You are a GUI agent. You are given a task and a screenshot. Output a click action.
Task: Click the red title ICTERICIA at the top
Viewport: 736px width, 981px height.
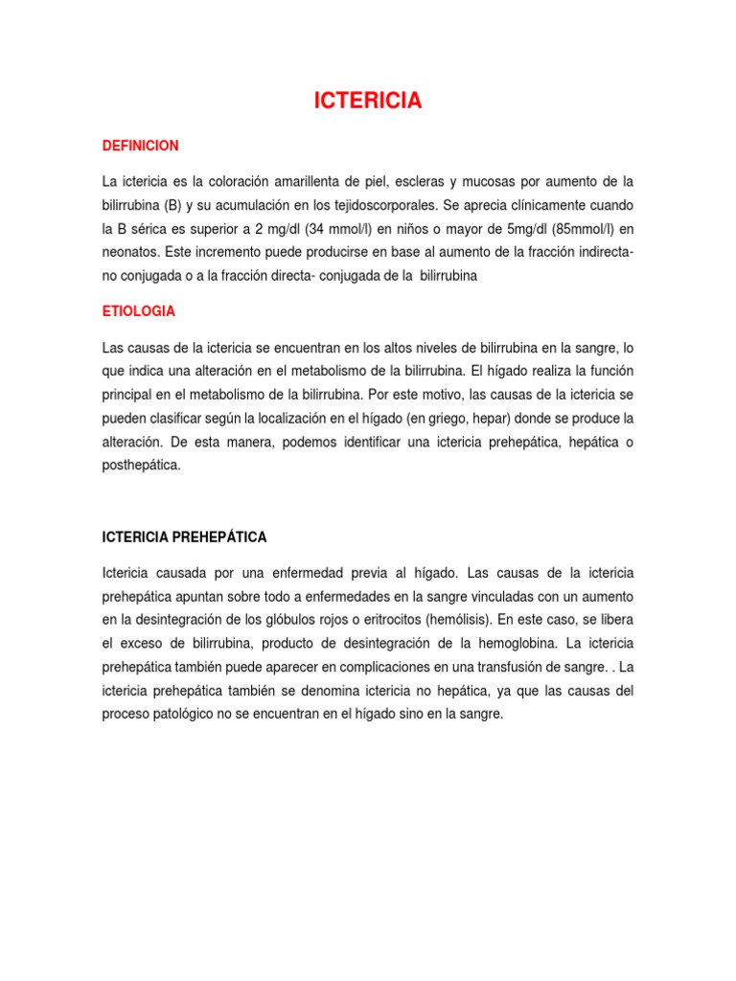(368, 102)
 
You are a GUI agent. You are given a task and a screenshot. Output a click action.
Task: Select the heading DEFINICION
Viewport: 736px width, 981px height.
(141, 146)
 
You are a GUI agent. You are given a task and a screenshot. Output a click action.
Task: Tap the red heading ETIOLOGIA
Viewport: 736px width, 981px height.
(139, 311)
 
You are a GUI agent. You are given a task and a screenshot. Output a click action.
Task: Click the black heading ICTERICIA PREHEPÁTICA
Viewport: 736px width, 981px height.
(185, 537)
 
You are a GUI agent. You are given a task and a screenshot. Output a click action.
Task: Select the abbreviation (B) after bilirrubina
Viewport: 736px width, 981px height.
(172, 205)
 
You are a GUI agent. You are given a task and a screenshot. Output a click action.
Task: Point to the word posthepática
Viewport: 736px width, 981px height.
(141, 467)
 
